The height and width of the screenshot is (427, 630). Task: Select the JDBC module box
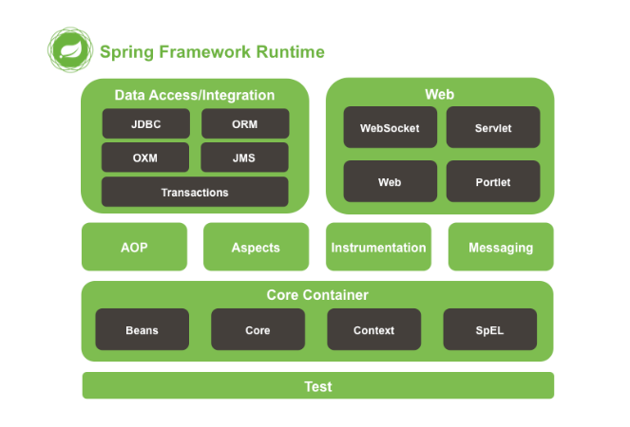pyautogui.click(x=147, y=124)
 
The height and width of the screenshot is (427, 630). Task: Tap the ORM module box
pyautogui.click(x=244, y=124)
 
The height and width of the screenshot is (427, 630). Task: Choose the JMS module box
pyautogui.click(x=244, y=158)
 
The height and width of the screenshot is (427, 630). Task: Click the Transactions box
pyautogui.click(x=195, y=192)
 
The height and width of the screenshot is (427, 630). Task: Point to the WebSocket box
pyautogui.click(x=390, y=127)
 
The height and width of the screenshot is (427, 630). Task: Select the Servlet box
pyautogui.click(x=493, y=127)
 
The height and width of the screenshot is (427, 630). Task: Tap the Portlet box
pyautogui.click(x=493, y=181)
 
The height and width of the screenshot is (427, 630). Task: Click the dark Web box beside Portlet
pyautogui.click(x=390, y=181)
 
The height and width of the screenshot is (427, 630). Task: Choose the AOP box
pyautogui.click(x=135, y=247)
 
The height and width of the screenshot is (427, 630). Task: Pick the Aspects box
pyautogui.click(x=256, y=247)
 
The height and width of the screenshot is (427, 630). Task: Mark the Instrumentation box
pyautogui.click(x=378, y=247)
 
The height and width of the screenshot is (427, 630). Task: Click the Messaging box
pyautogui.click(x=501, y=247)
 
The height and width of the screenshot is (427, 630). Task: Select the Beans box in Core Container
pyautogui.click(x=142, y=330)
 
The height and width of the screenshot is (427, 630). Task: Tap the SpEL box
pyautogui.click(x=489, y=330)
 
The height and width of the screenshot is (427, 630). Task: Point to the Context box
pyautogui.click(x=373, y=330)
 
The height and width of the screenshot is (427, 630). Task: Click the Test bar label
pyautogui.click(x=318, y=386)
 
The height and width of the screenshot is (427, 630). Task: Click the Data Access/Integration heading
pyautogui.click(x=195, y=95)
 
